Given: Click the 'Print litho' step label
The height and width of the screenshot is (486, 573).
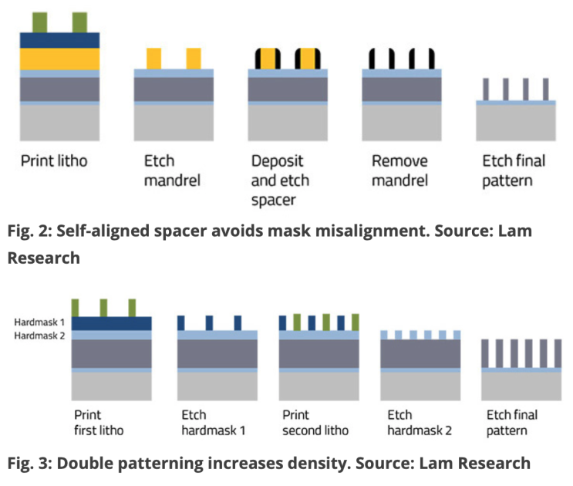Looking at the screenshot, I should tap(54, 162).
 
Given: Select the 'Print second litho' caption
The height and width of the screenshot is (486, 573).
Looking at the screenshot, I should tap(315, 422).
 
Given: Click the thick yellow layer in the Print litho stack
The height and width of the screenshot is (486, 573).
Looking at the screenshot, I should tap(60, 59).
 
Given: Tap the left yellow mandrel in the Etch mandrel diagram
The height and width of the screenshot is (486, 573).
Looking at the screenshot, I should tap(154, 59).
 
